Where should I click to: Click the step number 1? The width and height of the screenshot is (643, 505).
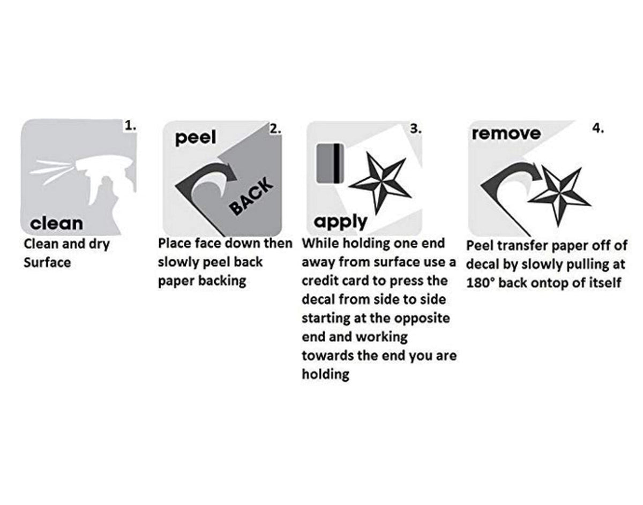point(130,126)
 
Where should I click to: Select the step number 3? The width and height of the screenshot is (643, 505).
point(416,129)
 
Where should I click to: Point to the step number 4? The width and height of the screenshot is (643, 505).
point(598,129)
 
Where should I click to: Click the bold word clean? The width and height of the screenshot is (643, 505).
point(56,223)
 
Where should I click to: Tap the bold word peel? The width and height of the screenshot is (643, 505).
point(195,138)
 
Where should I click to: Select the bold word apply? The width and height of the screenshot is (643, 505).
point(340,222)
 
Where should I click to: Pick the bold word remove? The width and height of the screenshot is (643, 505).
point(506,133)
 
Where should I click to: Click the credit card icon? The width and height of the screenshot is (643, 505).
point(330,163)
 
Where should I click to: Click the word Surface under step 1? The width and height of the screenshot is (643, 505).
point(47,263)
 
